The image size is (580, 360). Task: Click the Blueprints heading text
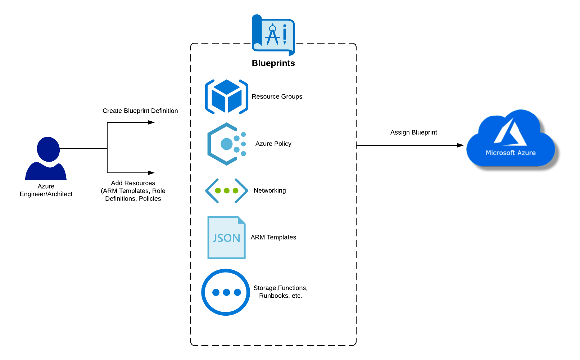273,63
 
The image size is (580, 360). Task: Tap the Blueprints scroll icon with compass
273,35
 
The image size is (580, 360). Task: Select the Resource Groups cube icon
226,97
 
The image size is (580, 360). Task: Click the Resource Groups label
277,96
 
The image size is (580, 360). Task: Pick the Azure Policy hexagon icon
226,144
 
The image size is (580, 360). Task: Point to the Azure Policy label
273,144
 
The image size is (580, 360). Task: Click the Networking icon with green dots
226,190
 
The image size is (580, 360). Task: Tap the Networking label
269,190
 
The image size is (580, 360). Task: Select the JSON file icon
226,238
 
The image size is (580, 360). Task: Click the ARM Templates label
273,237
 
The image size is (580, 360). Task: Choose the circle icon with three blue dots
226,292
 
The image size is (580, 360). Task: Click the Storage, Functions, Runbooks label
280,292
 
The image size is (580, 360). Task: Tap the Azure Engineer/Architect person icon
46,158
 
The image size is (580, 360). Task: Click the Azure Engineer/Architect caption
46,190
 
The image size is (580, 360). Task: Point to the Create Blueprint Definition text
140,111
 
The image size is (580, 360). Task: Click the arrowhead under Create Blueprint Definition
152,122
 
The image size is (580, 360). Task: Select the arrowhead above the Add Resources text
152,173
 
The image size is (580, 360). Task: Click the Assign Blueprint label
413,132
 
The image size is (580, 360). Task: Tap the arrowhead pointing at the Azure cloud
461,145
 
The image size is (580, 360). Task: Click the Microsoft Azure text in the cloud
511,153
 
